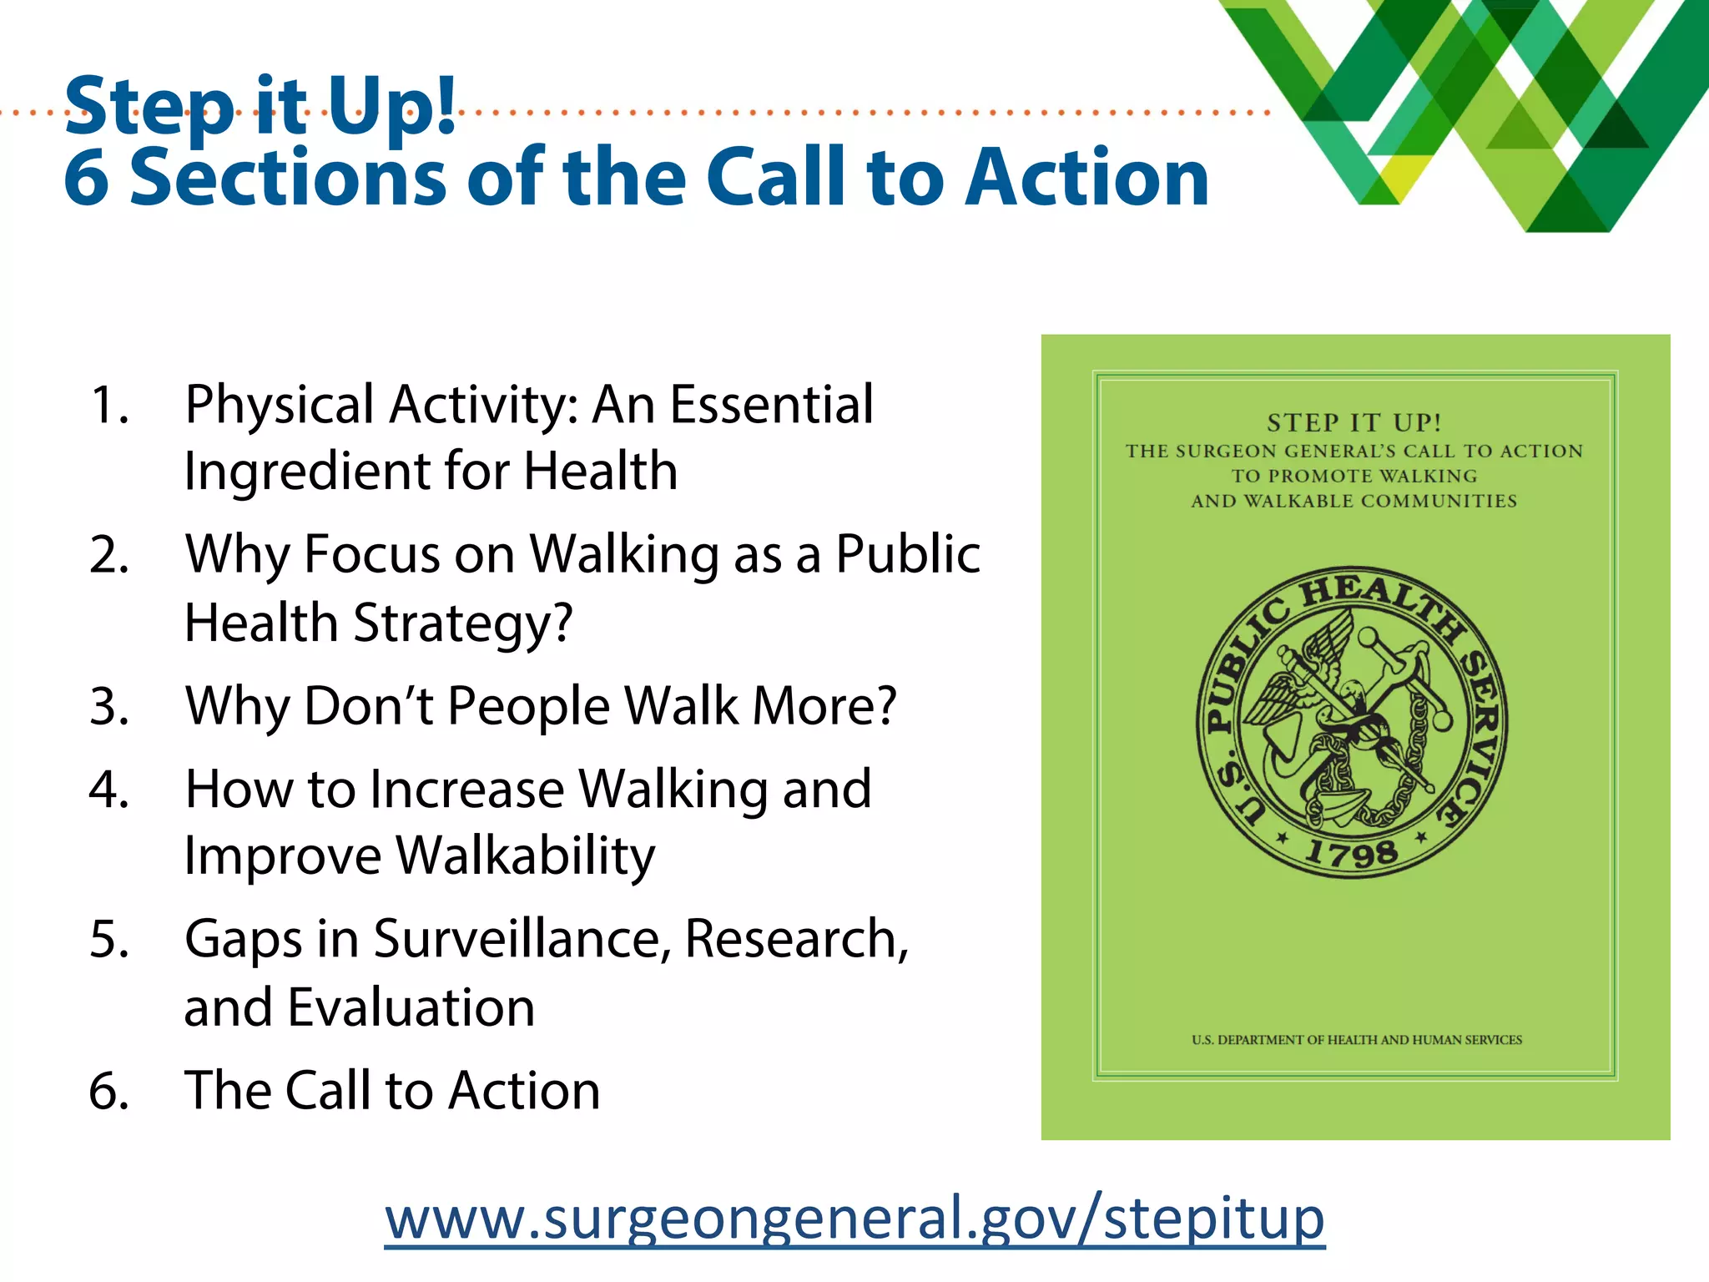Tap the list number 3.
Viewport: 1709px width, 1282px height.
pyautogui.click(x=109, y=707)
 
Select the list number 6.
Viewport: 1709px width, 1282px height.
pyautogui.click(x=109, y=1091)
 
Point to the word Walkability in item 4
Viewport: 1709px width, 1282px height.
pyautogui.click(x=525, y=856)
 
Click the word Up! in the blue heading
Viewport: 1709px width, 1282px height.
pyautogui.click(x=392, y=106)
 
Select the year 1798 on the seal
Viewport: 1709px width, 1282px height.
pyautogui.click(x=1352, y=852)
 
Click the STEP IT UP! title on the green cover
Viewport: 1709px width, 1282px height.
pyautogui.click(x=1354, y=423)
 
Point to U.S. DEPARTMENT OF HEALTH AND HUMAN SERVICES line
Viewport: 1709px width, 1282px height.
pyautogui.click(x=1356, y=1040)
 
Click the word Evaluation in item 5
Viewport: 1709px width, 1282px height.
pyautogui.click(x=411, y=1007)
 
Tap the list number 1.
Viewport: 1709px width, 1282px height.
pyautogui.click(x=109, y=406)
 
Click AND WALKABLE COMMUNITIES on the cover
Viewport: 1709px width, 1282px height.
pyautogui.click(x=1354, y=501)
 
